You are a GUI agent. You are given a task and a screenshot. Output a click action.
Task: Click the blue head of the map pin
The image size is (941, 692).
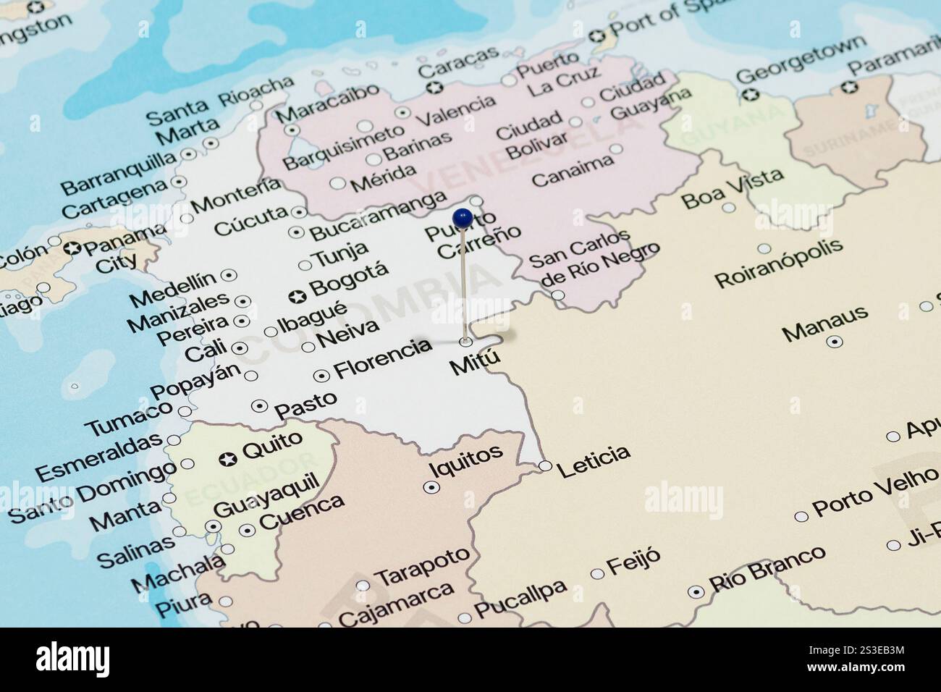click(x=462, y=216)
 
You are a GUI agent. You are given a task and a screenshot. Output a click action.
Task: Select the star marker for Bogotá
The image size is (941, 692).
click(x=296, y=296)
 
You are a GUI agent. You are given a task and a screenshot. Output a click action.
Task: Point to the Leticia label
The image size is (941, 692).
click(x=594, y=455)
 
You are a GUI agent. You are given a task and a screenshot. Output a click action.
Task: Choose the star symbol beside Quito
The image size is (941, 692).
click(x=228, y=458)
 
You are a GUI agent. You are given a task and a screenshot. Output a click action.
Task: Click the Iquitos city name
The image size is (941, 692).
click(x=466, y=461)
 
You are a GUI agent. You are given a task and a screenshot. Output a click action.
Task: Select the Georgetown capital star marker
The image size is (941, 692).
click(x=752, y=94)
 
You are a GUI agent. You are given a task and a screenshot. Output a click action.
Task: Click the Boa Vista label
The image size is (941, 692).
click(x=733, y=187)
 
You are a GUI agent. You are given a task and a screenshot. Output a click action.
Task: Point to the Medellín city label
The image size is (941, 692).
click(x=173, y=288)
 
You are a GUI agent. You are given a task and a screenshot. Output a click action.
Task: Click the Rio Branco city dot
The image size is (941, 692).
click(x=696, y=591)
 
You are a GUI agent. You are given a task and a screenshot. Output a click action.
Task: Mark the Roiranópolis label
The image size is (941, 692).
click(x=780, y=261)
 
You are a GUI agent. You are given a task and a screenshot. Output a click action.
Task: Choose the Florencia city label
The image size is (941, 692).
click(x=383, y=358)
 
